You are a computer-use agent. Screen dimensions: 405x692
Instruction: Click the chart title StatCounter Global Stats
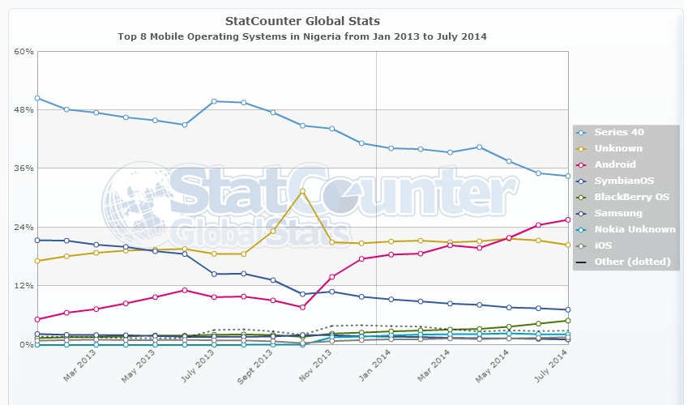302,20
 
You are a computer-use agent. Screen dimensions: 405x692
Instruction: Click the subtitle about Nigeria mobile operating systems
302,36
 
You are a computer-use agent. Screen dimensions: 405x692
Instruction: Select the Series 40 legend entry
618,132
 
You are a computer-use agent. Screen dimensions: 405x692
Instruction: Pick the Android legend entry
615,164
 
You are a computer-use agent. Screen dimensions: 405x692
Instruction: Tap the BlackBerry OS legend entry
631,197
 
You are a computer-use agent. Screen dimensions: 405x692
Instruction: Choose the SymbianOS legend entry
624,181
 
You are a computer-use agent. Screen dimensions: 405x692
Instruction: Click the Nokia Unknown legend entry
634,229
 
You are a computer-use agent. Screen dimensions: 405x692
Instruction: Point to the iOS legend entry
604,245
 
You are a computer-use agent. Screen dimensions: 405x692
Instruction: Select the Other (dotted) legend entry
632,262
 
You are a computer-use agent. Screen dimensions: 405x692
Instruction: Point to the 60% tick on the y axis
23,51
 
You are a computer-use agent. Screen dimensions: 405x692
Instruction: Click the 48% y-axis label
23,109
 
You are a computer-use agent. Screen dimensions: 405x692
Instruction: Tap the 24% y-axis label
23,227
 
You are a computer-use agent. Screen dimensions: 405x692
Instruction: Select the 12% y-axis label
23,286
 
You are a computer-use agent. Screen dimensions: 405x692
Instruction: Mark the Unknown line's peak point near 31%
302,191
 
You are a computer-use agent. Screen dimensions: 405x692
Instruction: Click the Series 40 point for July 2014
568,176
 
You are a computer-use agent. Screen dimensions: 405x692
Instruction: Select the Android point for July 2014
568,220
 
